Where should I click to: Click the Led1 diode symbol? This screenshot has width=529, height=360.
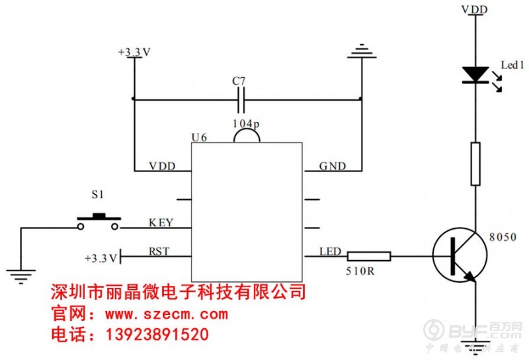(x=475, y=75)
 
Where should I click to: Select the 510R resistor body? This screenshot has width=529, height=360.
(x=369, y=256)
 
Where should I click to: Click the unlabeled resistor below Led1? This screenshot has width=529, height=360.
(x=475, y=163)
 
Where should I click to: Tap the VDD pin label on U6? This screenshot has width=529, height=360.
(x=162, y=166)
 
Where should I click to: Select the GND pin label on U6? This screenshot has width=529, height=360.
(x=332, y=166)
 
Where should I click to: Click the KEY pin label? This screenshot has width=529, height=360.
(x=161, y=223)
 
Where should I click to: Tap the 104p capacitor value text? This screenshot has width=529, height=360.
(x=246, y=124)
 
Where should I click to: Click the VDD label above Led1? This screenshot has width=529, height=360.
(x=475, y=9)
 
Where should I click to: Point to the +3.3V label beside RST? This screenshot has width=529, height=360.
(x=101, y=257)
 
